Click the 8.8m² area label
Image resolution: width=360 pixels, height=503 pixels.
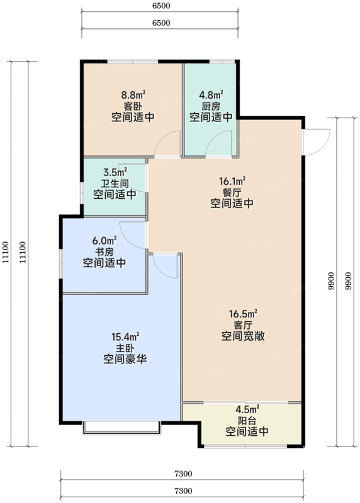click(133, 96)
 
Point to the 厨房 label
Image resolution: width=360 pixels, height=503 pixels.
click(211, 106)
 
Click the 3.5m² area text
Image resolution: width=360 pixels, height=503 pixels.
click(115, 172)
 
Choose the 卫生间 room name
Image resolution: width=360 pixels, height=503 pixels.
click(115, 183)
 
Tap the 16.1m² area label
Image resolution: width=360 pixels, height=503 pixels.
click(232, 181)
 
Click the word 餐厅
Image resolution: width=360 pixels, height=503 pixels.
click(232, 192)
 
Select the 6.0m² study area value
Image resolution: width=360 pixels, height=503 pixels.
click(104, 240)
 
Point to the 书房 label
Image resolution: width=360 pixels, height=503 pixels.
click(104, 251)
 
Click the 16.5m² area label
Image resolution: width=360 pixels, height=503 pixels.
click(242, 313)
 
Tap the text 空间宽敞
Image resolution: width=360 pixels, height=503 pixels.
click(242, 336)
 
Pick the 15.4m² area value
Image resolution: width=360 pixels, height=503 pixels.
click(126, 336)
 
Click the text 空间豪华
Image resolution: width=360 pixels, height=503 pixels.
click(126, 360)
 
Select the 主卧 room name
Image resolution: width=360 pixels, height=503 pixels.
click(126, 348)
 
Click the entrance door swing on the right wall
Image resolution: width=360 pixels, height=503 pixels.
click(317, 140)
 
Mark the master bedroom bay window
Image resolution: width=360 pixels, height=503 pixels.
click(121, 428)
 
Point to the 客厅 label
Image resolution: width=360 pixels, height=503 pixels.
click(242, 324)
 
